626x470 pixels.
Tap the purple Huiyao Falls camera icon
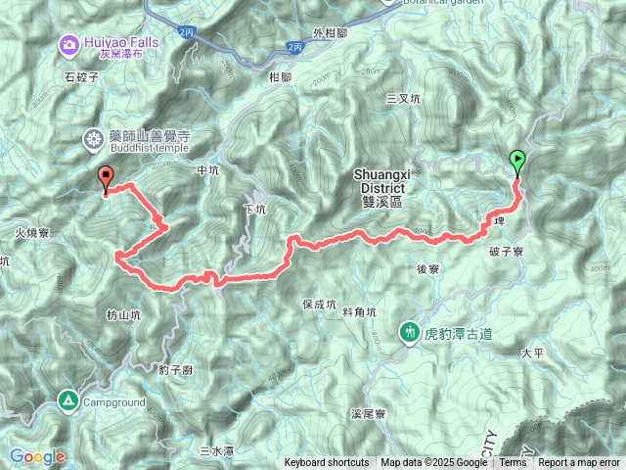tap(68, 43)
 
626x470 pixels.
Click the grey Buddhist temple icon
tap(94, 140)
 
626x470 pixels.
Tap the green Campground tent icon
tap(68, 399)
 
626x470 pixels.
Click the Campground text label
tap(113, 402)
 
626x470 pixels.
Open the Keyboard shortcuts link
tap(327, 463)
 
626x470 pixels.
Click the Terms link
tap(513, 463)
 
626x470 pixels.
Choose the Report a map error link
tap(579, 463)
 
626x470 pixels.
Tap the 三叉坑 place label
tap(403, 99)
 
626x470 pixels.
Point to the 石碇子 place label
tap(82, 75)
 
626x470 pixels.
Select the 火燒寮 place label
tap(33, 234)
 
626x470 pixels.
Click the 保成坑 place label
tap(320, 305)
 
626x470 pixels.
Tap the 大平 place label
tap(532, 352)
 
